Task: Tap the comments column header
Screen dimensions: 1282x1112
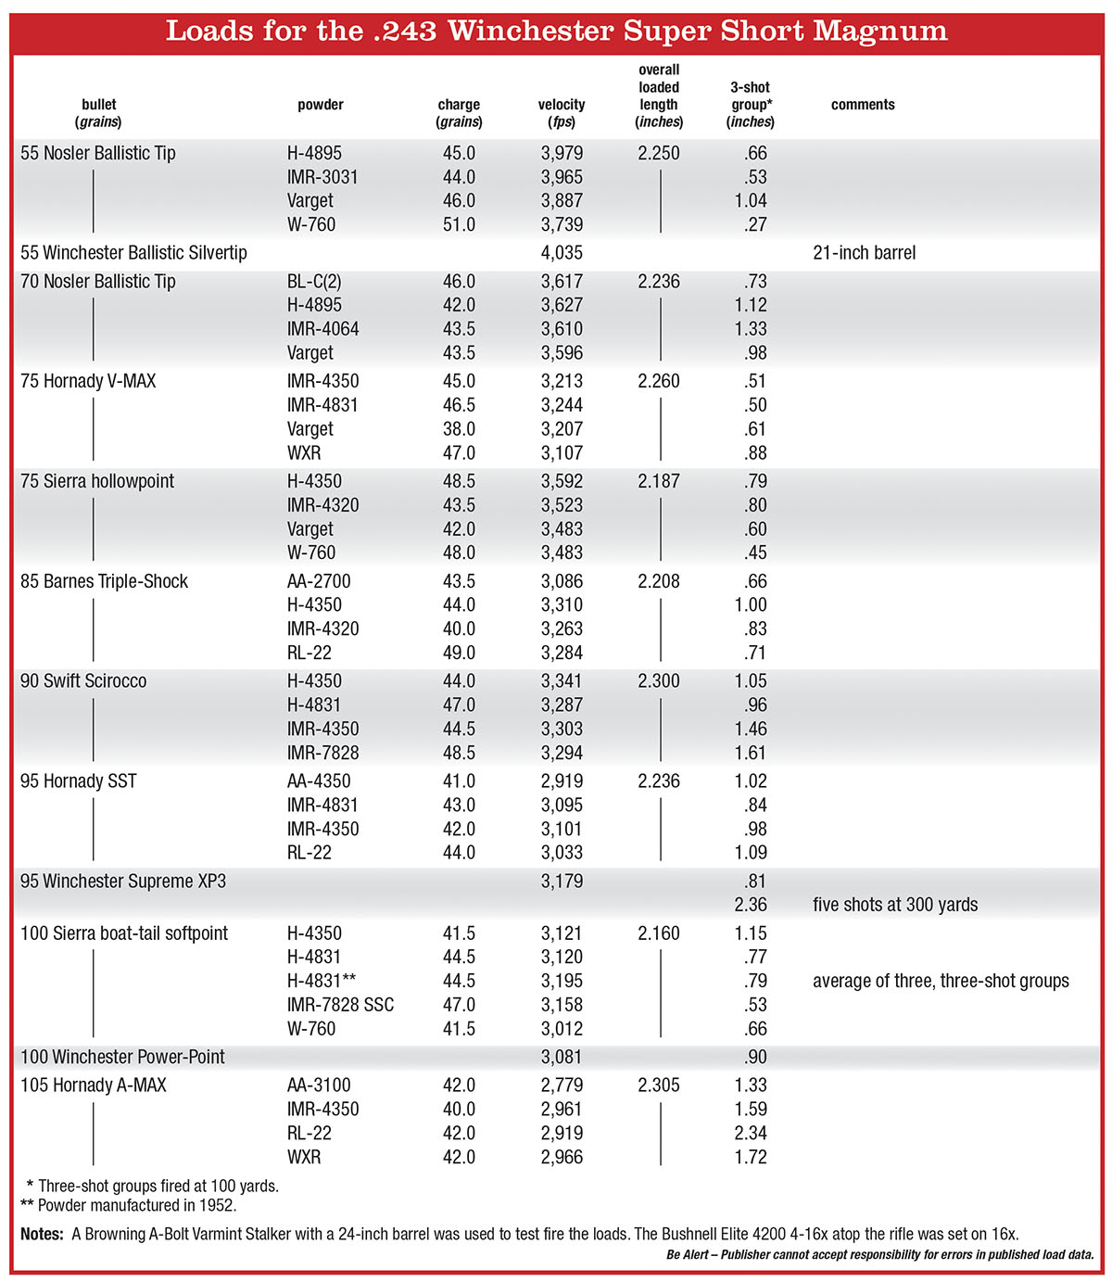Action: coord(863,105)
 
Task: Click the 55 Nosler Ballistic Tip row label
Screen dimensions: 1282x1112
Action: coord(98,153)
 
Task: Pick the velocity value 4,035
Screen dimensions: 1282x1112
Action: coord(562,252)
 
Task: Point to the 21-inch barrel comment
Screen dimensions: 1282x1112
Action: coord(864,252)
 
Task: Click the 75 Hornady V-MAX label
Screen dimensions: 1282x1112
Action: coord(88,381)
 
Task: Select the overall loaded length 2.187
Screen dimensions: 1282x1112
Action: coord(659,481)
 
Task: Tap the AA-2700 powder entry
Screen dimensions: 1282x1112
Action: coord(319,581)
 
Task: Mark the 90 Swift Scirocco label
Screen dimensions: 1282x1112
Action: coord(83,681)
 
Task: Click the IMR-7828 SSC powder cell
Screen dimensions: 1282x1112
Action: coord(340,1005)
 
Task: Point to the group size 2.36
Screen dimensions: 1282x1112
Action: coord(751,905)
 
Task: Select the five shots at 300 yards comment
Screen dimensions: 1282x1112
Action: coord(895,905)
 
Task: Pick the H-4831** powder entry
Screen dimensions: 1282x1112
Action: coord(321,981)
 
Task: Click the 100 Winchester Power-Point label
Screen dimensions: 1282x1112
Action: coord(122,1057)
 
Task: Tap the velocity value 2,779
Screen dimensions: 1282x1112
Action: coord(562,1085)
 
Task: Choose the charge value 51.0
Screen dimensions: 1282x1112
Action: coord(459,224)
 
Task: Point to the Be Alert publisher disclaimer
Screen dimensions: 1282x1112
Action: coord(880,1255)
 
